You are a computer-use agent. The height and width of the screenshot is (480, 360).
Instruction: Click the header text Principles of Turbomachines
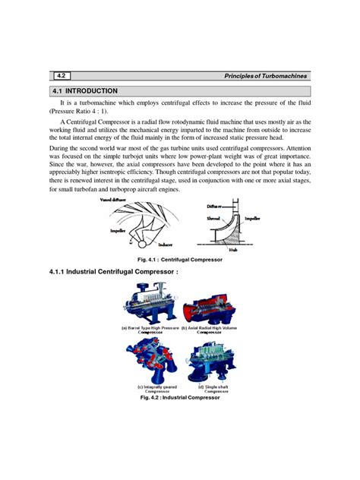[x=262, y=75]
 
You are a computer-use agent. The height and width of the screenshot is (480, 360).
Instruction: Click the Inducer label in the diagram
[x=166, y=245]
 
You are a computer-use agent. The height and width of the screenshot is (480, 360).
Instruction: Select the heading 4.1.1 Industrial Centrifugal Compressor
[x=113, y=283]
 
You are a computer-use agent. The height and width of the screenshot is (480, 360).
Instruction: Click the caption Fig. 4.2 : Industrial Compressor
[x=180, y=397]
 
